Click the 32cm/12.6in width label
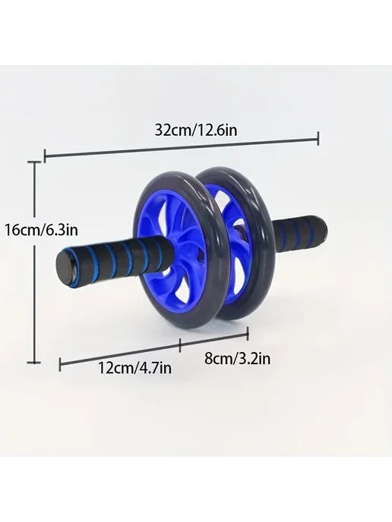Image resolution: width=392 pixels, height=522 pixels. tap(196, 130)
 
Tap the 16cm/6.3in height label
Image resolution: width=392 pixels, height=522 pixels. tap(41, 230)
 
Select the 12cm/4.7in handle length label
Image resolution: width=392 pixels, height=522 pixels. tap(134, 368)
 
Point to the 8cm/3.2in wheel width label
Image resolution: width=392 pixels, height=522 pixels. tap(237, 359)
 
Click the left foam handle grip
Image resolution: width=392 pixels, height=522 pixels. tap(113, 260)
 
